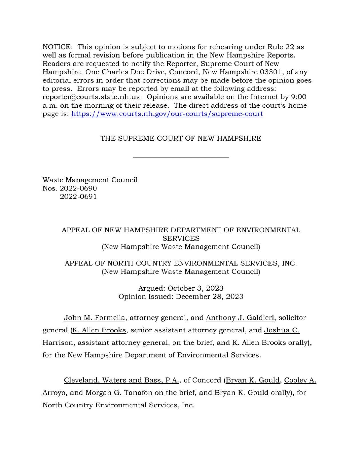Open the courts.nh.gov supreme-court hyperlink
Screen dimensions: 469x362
click(167, 114)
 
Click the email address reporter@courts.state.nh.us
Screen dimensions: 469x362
click(92, 97)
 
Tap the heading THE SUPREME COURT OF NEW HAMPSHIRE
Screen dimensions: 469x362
click(181, 138)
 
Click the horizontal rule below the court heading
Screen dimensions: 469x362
click(181, 157)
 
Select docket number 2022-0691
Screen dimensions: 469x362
click(78, 196)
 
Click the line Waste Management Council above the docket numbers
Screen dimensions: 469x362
click(90, 180)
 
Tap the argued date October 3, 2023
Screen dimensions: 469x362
click(195, 288)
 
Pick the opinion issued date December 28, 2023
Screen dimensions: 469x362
click(209, 296)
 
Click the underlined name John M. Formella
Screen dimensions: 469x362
click(94, 318)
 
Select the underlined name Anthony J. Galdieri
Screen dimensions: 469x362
click(240, 318)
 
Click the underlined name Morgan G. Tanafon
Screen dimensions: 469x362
click(119, 393)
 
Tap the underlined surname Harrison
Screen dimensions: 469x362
click(58, 343)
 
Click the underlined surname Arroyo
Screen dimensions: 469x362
click(54, 393)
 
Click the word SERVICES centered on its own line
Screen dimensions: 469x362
click(181, 238)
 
